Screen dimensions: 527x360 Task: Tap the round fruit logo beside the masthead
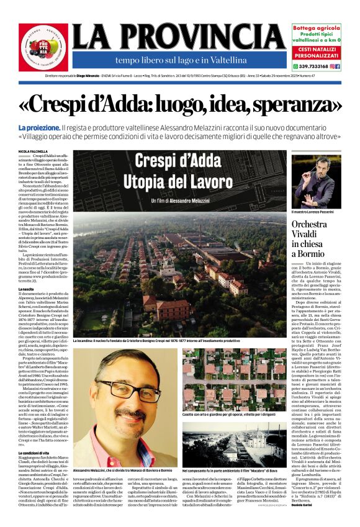[x=43, y=47]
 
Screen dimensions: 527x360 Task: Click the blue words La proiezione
[x=38, y=127]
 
